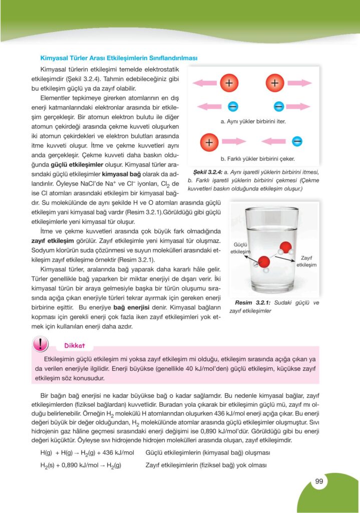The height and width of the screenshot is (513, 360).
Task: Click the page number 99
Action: (x=318, y=482)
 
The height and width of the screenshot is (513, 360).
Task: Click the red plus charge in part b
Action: (x=209, y=142)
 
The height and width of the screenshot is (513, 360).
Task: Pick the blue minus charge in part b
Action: (x=297, y=141)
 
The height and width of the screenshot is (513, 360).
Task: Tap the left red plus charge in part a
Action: (x=229, y=83)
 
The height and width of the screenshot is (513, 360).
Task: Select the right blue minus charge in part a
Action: (x=279, y=106)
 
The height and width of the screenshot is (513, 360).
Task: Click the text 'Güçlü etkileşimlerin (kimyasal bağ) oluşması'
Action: (x=207, y=453)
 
